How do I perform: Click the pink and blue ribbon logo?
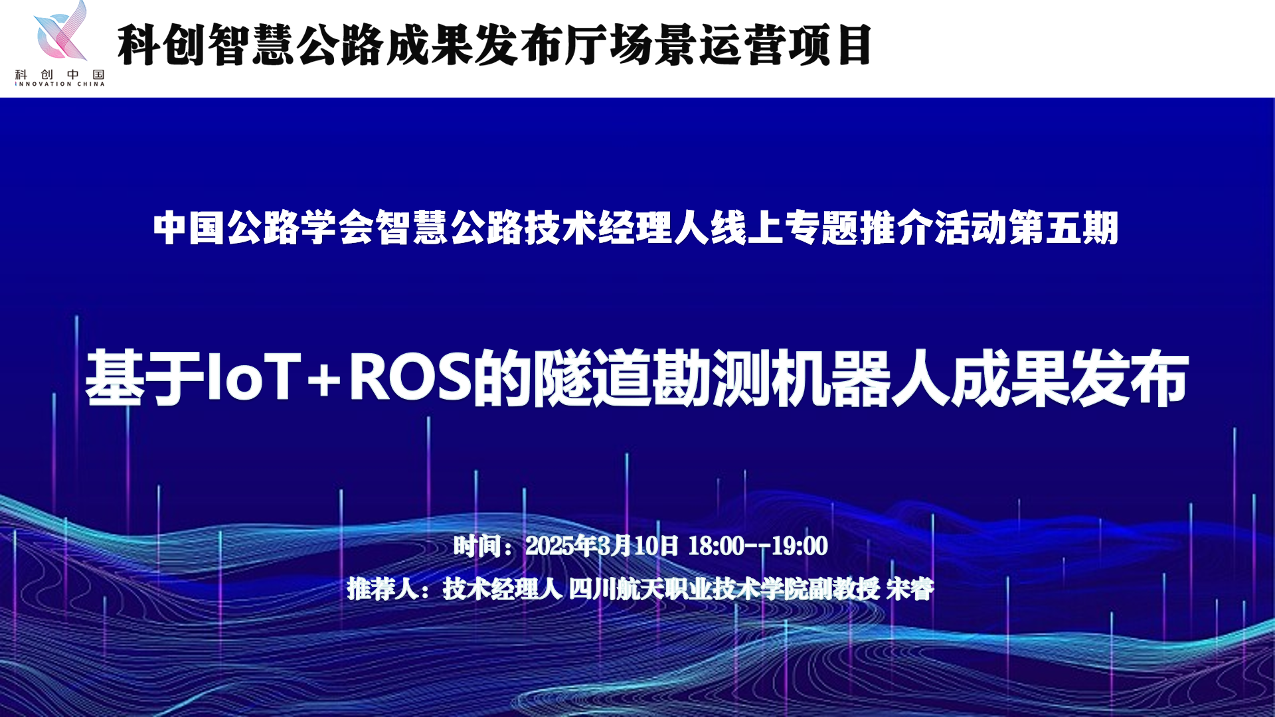tap(60, 31)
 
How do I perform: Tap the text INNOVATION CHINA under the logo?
tap(60, 84)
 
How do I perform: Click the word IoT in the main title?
tap(254, 377)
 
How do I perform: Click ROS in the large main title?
tap(410, 377)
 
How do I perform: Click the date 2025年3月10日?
tap(602, 546)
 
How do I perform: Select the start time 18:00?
tap(716, 546)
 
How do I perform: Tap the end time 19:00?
tap(800, 546)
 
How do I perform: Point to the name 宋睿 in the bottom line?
tap(910, 588)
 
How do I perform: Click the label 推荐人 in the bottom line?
tap(382, 588)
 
